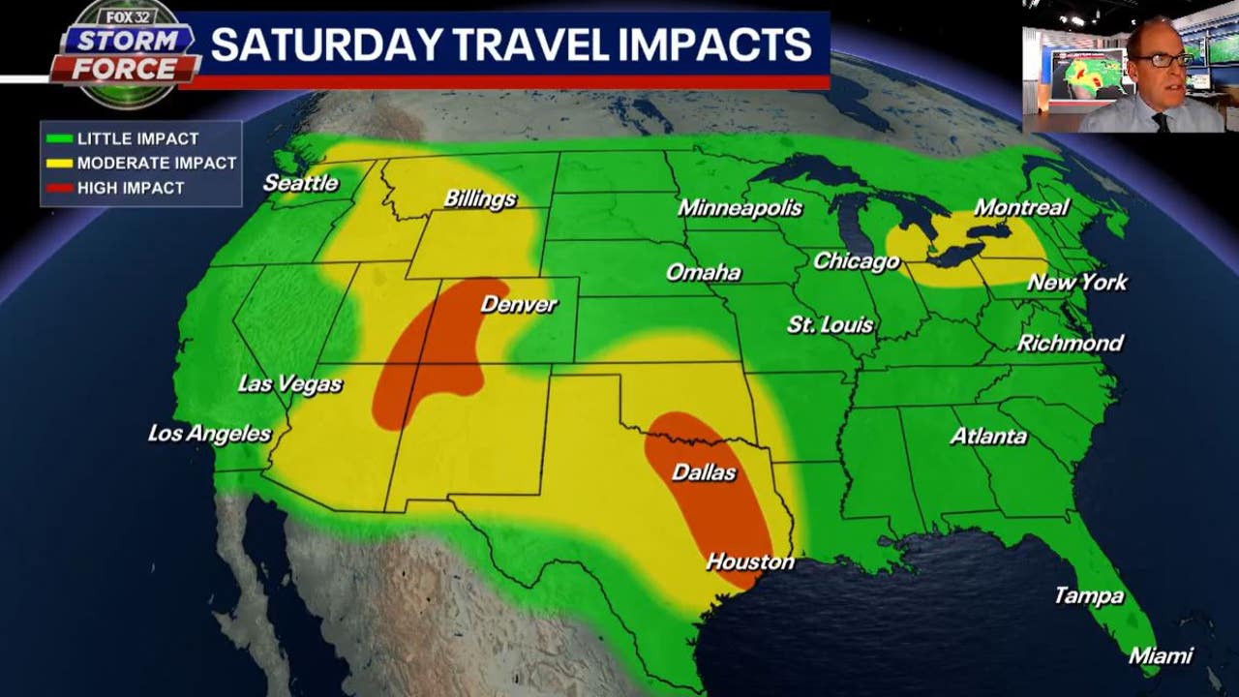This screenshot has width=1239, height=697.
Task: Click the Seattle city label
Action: click(300, 183)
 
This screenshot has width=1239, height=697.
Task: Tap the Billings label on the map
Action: click(479, 199)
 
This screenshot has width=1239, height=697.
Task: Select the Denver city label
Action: click(519, 305)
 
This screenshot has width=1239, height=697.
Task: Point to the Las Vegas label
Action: click(289, 384)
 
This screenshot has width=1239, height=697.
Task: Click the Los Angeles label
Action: click(209, 434)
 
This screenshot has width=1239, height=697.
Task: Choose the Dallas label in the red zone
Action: click(704, 473)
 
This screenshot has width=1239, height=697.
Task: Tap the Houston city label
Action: click(749, 561)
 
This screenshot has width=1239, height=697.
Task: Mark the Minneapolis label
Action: click(740, 208)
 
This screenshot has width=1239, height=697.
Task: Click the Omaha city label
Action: click(703, 273)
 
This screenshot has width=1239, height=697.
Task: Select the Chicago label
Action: click(856, 261)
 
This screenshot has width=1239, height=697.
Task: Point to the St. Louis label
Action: click(830, 325)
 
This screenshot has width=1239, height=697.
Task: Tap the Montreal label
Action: click(1020, 207)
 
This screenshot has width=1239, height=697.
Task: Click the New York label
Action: click(1076, 283)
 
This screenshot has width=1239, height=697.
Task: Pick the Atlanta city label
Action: click(987, 437)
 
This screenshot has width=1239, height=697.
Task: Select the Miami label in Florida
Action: click(1161, 656)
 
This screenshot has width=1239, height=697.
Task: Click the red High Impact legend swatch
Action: click(59, 188)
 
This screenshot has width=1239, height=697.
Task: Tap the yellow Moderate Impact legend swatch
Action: click(59, 164)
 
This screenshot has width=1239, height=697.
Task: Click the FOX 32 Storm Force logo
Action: click(124, 54)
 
